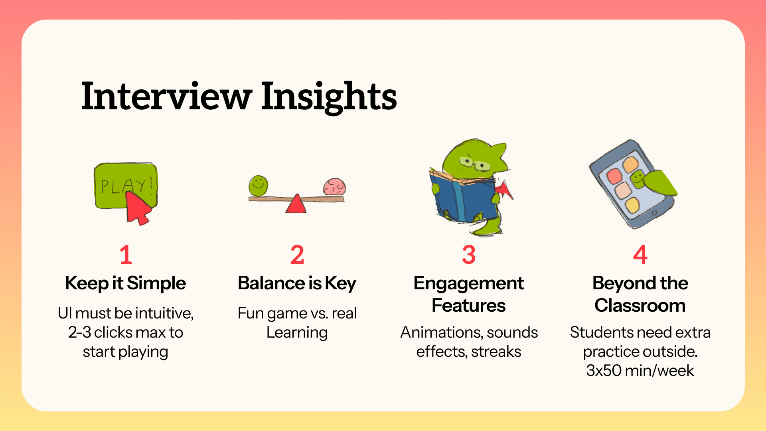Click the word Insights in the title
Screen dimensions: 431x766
329,97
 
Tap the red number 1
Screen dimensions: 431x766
126,255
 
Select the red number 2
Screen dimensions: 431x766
297,255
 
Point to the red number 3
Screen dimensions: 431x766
469,255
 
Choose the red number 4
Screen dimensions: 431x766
640,255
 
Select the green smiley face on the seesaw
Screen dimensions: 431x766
258,185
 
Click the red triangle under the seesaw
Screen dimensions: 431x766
296,204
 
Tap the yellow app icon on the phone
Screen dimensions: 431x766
632,206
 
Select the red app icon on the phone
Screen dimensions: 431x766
614,175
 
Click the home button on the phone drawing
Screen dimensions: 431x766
654,213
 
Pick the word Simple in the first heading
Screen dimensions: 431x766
156,284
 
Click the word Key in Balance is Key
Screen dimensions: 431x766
340,284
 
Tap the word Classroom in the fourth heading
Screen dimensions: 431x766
640,306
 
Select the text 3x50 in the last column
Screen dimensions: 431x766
604,371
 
